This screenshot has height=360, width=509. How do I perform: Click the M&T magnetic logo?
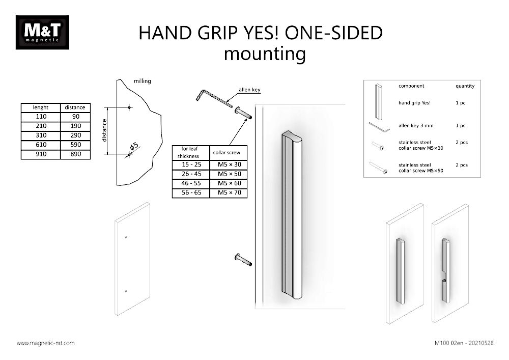pyautogui.click(x=42, y=33)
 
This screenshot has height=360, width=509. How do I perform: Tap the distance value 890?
pyautogui.click(x=75, y=154)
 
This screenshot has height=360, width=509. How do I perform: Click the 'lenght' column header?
pyautogui.click(x=41, y=107)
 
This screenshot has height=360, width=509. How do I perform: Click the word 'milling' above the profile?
pyautogui.click(x=142, y=81)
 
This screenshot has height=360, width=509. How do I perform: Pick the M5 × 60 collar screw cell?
pyautogui.click(x=229, y=183)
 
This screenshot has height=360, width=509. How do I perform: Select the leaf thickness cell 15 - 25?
pyautogui.click(x=191, y=164)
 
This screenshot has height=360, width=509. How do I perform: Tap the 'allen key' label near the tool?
pyautogui.click(x=249, y=90)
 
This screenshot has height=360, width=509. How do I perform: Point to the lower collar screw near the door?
pyautogui.click(x=243, y=260)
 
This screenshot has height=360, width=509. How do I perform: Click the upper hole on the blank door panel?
pyautogui.click(x=125, y=237)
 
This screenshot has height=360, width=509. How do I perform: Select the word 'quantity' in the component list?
pyautogui.click(x=465, y=86)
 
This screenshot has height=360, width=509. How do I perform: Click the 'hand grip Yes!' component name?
pyautogui.click(x=414, y=103)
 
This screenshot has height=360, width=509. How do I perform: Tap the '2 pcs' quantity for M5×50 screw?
pyautogui.click(x=461, y=165)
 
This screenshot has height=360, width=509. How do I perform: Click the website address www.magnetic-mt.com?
pyautogui.click(x=46, y=343)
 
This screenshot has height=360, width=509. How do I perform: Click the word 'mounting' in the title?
pyautogui.click(x=265, y=53)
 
